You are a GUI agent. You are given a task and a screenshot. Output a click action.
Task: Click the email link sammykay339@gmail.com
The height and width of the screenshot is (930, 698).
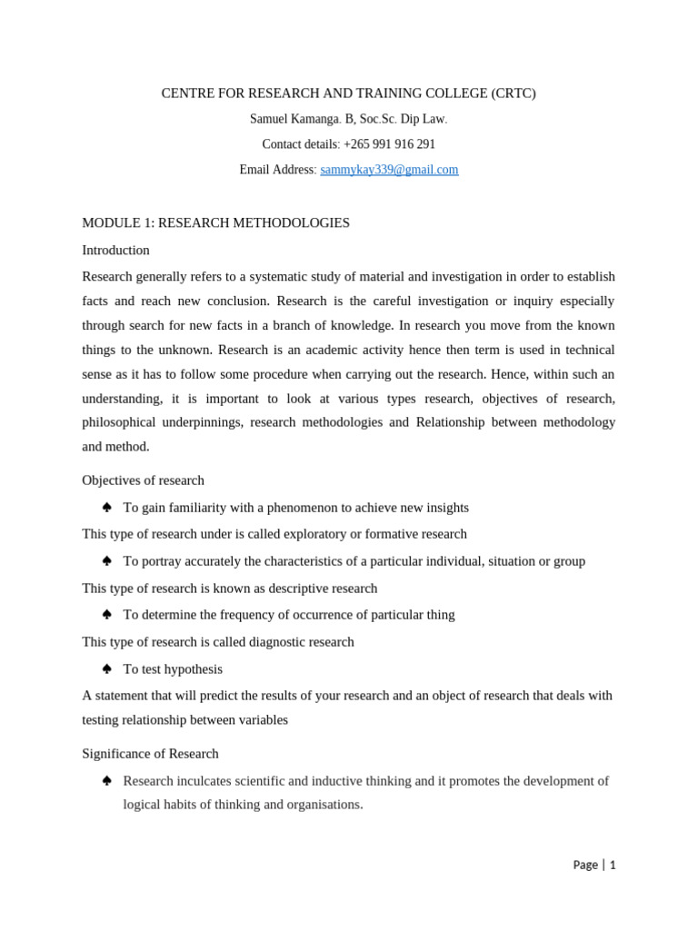point(389,170)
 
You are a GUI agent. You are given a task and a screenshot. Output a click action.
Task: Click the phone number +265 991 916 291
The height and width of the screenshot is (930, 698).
point(389,144)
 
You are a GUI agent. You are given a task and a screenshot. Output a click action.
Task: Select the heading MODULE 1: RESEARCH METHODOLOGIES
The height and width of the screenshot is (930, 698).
point(215,223)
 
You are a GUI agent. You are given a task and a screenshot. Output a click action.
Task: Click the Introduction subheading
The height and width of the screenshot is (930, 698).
point(115,250)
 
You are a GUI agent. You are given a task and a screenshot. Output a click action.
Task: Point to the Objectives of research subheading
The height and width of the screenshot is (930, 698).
point(143,480)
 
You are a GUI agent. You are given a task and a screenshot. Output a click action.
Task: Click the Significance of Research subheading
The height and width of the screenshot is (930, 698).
point(150,754)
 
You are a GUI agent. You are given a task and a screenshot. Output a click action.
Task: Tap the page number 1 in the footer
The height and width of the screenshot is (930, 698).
point(613,865)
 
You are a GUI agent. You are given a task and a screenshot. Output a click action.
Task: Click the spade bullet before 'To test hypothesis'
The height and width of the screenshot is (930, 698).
point(106,668)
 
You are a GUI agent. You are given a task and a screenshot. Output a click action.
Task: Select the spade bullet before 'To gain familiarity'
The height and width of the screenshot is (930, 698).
point(106,507)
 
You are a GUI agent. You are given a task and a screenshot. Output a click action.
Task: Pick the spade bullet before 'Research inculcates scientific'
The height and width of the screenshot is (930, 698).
point(106,780)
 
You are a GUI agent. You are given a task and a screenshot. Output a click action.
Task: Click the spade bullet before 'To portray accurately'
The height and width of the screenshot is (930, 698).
point(106,560)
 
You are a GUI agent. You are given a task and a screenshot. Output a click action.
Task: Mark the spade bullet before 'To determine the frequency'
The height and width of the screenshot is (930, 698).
point(106,614)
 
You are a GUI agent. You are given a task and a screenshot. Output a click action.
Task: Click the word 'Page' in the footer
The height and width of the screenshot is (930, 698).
point(585,865)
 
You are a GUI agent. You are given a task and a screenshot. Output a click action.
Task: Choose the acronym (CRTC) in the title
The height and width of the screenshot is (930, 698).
point(514,94)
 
